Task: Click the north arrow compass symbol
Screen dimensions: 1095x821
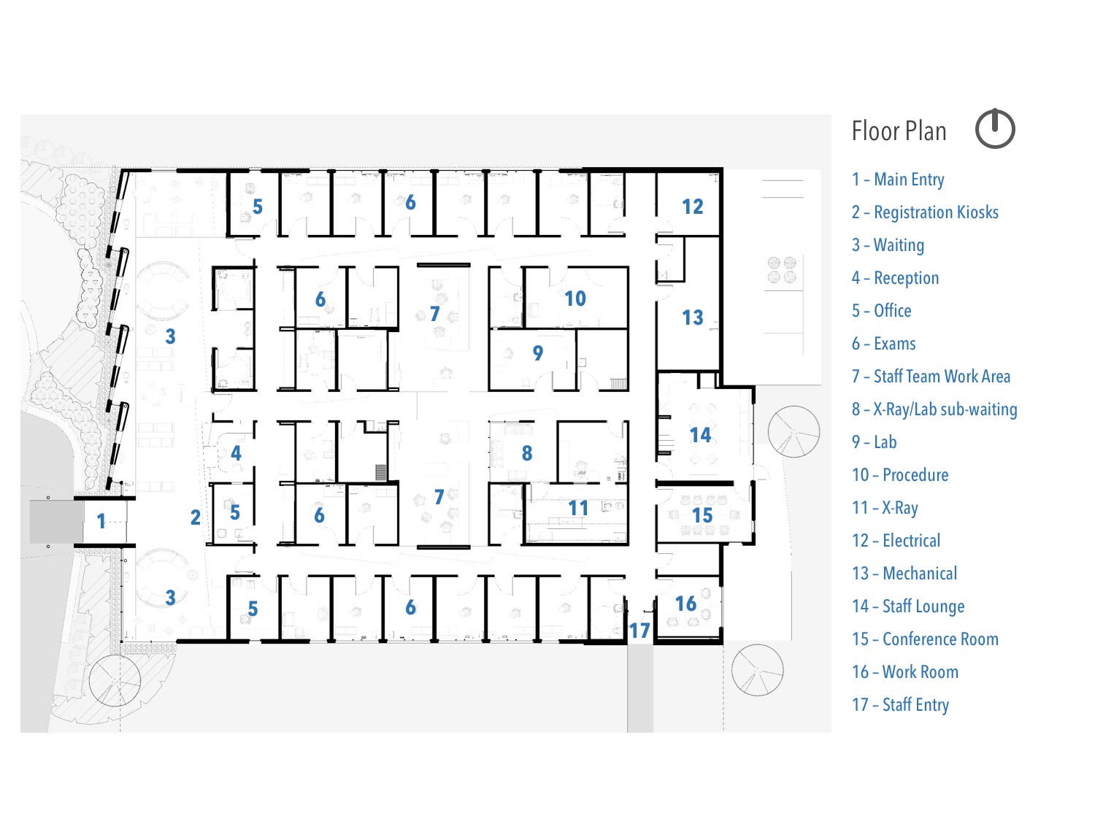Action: (995, 128)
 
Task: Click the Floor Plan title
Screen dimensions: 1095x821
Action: (899, 131)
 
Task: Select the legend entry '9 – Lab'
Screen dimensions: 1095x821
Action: (874, 442)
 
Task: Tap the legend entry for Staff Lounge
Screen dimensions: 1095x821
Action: (908, 606)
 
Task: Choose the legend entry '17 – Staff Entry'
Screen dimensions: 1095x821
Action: (900, 705)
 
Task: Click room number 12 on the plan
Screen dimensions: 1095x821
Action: (693, 207)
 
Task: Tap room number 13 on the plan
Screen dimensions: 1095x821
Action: (693, 317)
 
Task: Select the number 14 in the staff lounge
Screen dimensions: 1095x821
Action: (700, 435)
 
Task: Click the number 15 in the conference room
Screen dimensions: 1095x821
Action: (702, 515)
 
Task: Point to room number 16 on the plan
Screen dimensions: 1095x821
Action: (685, 604)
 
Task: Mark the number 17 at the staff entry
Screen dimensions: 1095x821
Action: (639, 631)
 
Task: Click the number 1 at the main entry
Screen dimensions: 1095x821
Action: (101, 521)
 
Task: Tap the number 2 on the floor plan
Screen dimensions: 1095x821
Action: (196, 517)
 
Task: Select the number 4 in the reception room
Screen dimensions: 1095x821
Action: (236, 453)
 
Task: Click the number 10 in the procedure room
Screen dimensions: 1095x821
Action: (575, 298)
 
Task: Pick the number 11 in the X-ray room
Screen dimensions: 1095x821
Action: (578, 509)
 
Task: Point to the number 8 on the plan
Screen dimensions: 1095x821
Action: (527, 453)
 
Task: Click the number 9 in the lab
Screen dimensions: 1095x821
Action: (538, 353)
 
